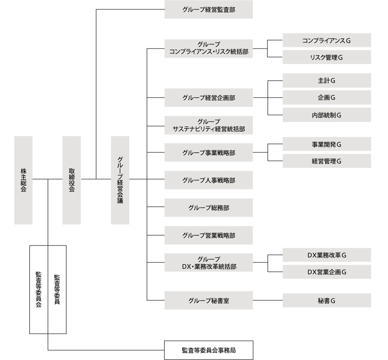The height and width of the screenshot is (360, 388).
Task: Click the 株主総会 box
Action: click(x=23, y=180)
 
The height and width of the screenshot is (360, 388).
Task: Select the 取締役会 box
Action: click(x=71, y=180)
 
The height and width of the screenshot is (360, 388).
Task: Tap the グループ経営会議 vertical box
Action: click(x=120, y=180)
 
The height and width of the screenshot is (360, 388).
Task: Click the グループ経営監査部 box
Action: click(x=208, y=9)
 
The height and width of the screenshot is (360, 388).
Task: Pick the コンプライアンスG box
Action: click(x=326, y=41)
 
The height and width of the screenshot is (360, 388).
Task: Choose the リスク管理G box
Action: click(x=326, y=57)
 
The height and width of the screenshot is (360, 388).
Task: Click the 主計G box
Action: click(x=326, y=81)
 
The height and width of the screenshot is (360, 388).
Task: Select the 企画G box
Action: click(x=326, y=97)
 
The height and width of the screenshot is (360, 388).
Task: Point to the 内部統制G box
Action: click(x=326, y=115)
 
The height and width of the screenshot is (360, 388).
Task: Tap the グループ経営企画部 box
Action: click(x=208, y=98)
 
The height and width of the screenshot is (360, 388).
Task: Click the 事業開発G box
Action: click(x=326, y=144)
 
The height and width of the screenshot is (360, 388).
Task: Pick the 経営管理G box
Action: click(x=326, y=161)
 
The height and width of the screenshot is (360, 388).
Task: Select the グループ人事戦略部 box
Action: click(x=208, y=180)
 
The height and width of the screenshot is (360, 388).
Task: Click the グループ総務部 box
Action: click(x=208, y=207)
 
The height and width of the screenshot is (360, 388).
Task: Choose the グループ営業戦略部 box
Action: click(x=208, y=235)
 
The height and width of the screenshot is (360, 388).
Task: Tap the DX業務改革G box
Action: click(x=326, y=255)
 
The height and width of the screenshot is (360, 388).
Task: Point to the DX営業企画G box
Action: click(x=326, y=271)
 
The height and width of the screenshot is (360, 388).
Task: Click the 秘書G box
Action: click(x=326, y=300)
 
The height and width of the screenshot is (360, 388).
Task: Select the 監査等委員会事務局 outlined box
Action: click(x=208, y=350)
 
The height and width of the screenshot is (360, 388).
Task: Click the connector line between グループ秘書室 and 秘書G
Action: click(x=268, y=300)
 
